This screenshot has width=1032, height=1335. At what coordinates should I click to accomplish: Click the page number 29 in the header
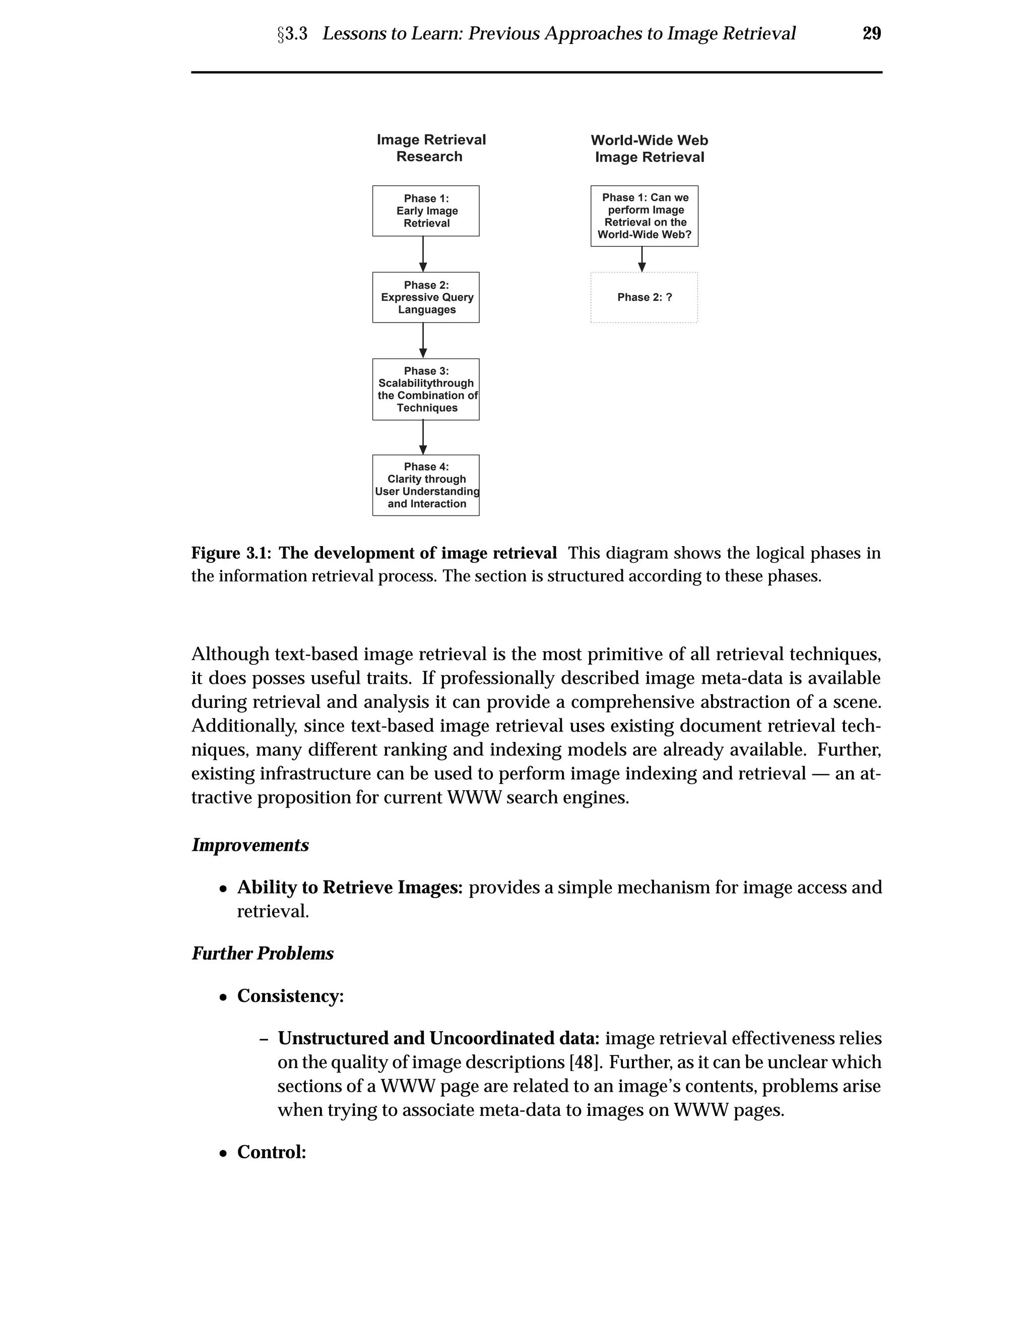coord(871,33)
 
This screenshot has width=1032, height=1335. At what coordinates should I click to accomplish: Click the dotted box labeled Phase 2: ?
coord(644,297)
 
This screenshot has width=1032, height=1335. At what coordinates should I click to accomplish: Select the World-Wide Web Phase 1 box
coord(644,216)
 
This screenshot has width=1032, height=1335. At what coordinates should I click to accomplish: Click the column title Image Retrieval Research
coord(430,148)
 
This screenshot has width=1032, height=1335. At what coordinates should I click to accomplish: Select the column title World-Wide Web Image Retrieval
coord(649,149)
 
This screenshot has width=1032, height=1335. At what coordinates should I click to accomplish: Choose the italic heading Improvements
coord(250,845)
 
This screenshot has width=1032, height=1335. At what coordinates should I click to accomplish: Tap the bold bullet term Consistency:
coord(290,996)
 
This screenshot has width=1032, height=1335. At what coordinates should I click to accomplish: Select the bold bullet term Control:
coord(272,1152)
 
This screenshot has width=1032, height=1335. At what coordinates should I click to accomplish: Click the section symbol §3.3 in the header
coord(292,34)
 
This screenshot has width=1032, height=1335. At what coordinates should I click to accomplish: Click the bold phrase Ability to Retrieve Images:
coord(350,888)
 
